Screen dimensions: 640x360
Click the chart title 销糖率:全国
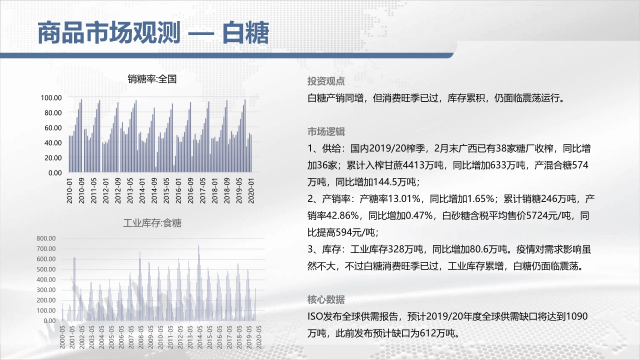pos(152,79)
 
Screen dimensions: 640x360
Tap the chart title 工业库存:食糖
pos(152,223)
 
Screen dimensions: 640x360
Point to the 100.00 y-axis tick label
pos(51,98)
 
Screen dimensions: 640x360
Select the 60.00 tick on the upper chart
pos(53,128)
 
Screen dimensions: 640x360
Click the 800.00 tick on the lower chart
pos(46,238)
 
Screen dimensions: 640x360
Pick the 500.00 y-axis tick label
pos(46,269)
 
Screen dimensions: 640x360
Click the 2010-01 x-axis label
pos(69,191)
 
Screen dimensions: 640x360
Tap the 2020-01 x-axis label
pos(251,191)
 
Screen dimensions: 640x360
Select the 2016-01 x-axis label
pos(178,191)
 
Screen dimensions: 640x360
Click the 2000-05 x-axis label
pos(62,337)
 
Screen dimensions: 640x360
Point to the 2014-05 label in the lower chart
pos(199,337)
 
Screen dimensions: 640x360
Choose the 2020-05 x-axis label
pos(258,337)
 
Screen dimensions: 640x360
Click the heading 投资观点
pos(326,81)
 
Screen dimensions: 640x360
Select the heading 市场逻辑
pos(326,131)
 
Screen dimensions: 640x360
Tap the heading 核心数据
pos(326,299)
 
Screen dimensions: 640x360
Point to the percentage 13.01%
pos(404,199)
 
